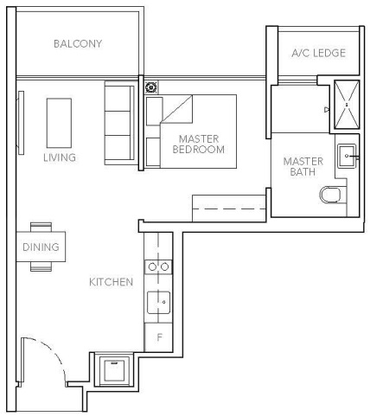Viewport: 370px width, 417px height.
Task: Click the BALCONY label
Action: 78,44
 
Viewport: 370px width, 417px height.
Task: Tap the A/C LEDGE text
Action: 316,54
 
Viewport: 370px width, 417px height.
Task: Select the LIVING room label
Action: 60,158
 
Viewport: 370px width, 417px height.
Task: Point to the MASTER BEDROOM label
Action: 201,144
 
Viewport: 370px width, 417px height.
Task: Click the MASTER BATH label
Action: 303,167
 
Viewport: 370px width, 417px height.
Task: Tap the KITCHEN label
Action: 112,282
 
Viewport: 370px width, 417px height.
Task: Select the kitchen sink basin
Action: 158,302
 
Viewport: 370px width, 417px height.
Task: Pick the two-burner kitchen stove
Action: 158,267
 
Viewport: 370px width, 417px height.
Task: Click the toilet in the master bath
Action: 331,196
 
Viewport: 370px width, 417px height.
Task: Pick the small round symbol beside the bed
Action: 152,87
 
